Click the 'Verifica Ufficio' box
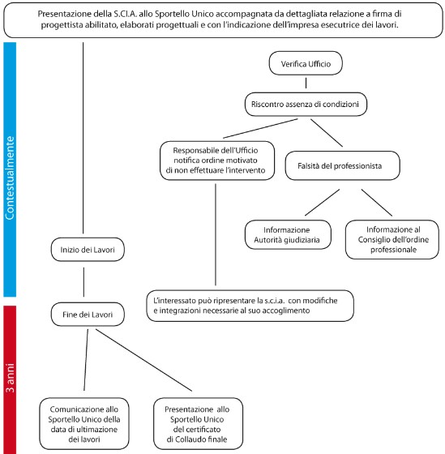coord(306,63)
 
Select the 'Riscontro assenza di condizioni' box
coord(306,105)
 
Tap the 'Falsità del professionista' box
coord(343,165)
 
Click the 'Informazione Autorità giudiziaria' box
coord(288,235)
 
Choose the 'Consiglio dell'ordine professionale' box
coord(392,239)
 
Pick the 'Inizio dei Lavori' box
coord(88,250)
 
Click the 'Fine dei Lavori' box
coord(88,315)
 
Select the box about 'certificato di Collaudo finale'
coord(198,424)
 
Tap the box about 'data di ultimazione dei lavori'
coord(84,424)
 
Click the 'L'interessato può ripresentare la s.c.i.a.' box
coord(250,306)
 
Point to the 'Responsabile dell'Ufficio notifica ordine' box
coord(217,161)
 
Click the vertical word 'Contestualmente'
coord(10,178)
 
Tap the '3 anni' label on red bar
coord(10,378)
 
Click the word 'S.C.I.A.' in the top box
coord(125,14)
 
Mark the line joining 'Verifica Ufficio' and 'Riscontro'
coord(306,83)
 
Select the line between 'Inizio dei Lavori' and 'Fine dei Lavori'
coord(83,282)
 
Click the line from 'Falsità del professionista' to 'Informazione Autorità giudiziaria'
coord(322,203)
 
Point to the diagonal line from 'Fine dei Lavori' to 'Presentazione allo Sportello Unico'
coord(143,360)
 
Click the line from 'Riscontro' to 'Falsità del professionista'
coord(327,133)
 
